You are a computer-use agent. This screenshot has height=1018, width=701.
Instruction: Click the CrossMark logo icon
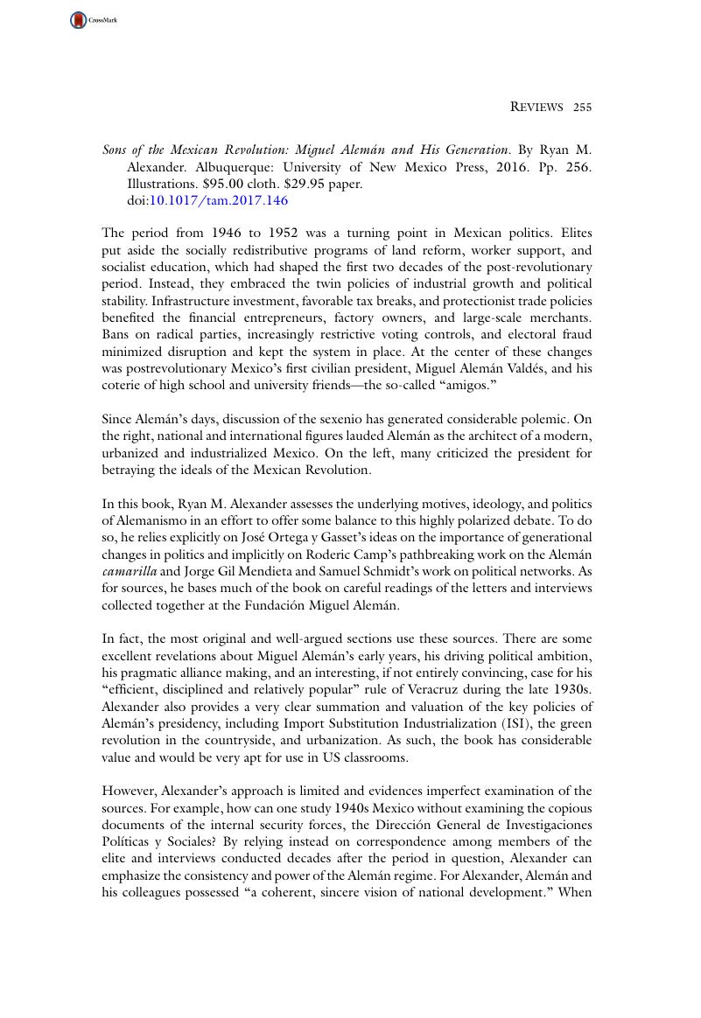(79, 19)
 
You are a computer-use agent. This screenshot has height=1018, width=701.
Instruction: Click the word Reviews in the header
(536, 108)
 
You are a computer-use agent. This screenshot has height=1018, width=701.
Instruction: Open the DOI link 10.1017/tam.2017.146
(219, 200)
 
